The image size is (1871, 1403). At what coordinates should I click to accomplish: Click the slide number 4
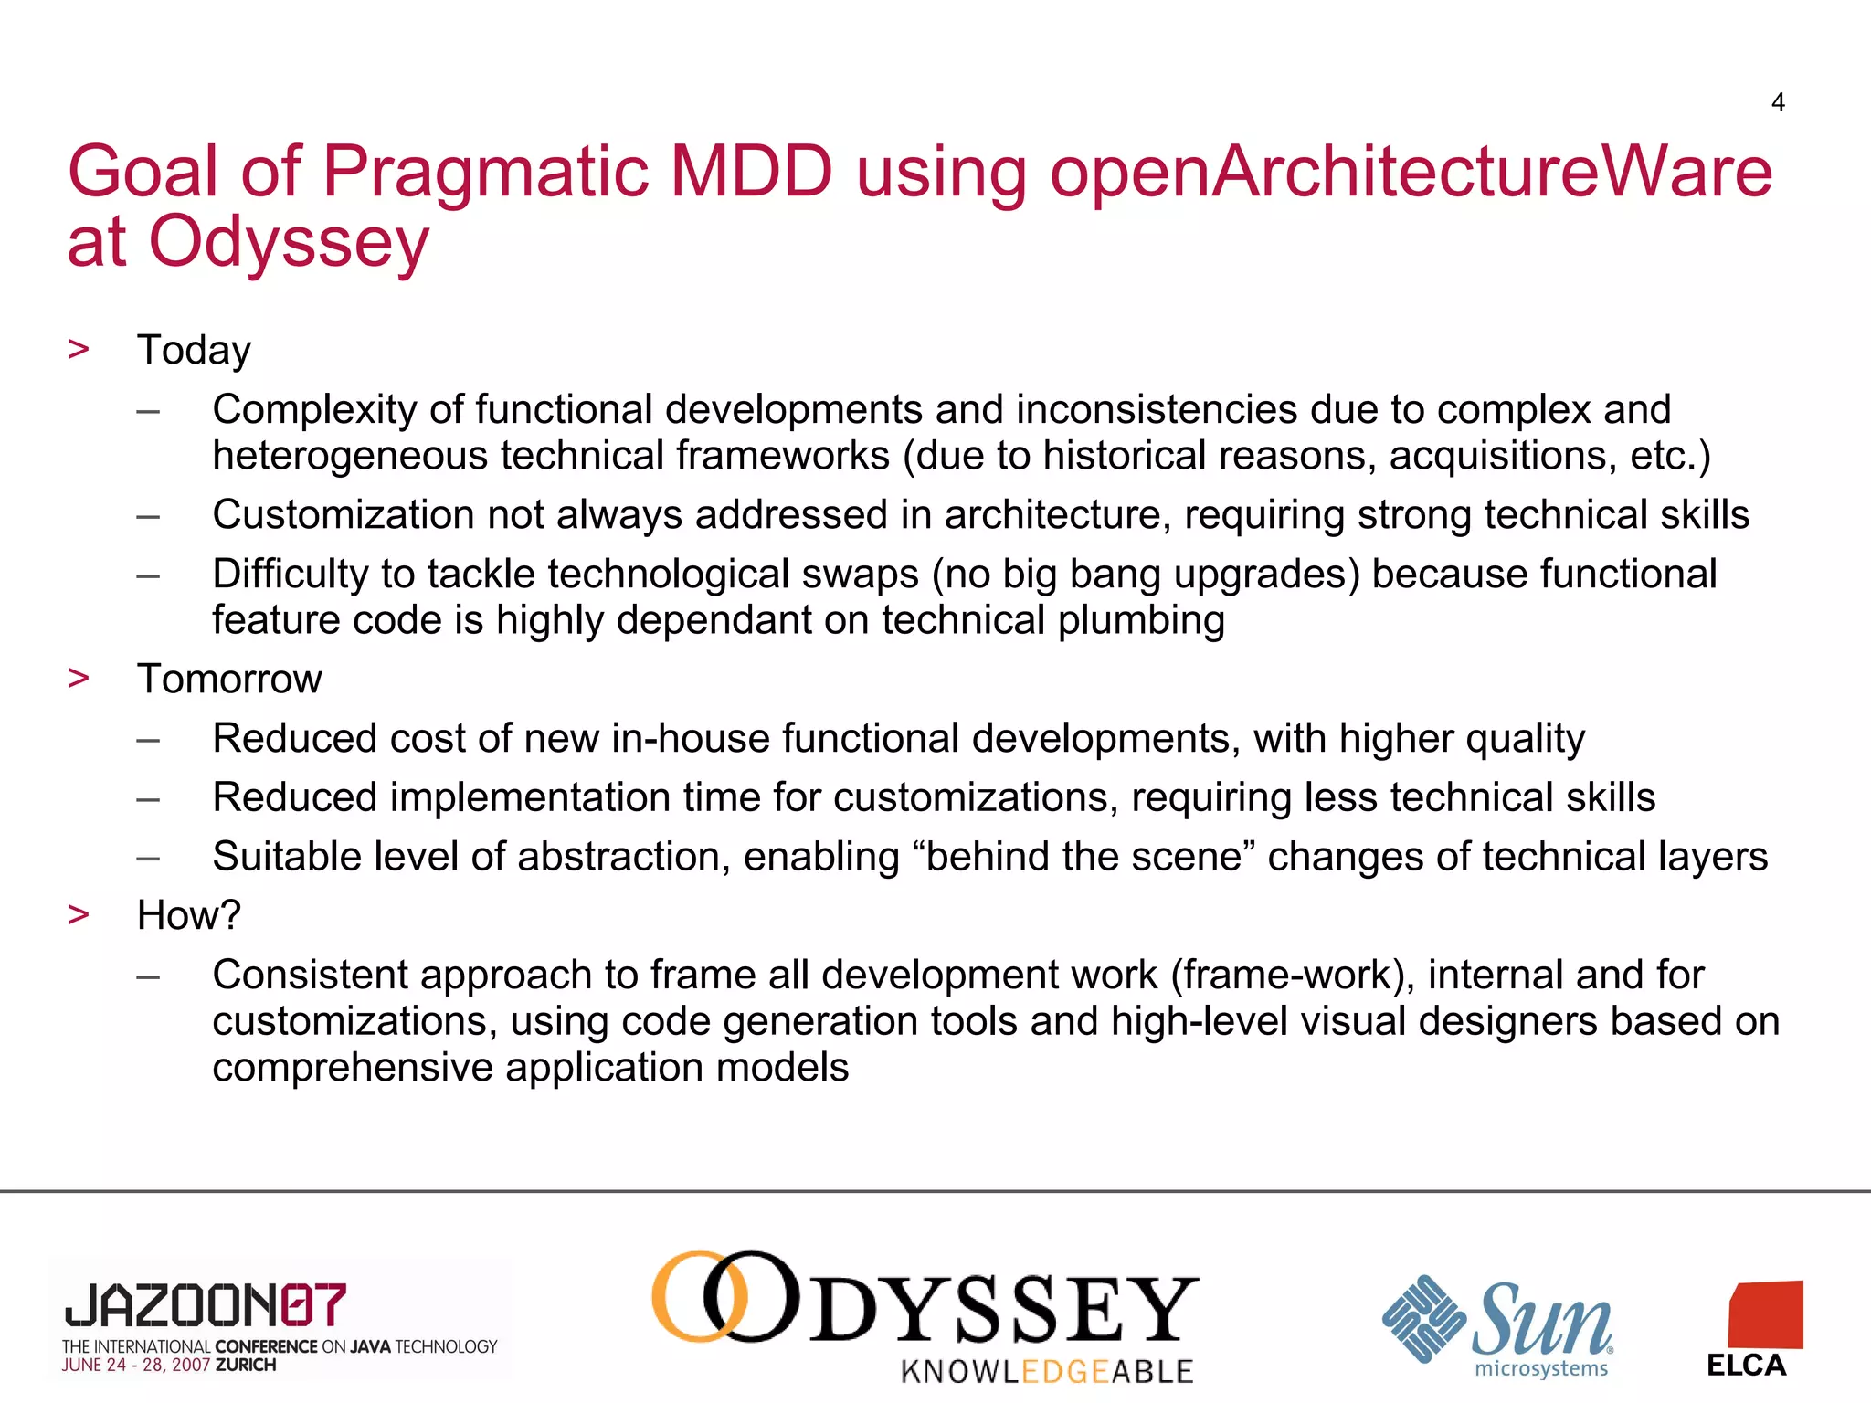tap(1777, 102)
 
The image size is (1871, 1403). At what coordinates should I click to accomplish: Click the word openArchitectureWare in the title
tap(1411, 172)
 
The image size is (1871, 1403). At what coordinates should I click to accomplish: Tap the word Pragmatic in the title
tap(484, 172)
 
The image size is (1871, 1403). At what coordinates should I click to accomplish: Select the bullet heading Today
tap(194, 351)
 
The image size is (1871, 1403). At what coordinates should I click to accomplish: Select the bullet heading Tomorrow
tap(229, 680)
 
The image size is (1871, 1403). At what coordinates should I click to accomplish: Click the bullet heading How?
tap(188, 915)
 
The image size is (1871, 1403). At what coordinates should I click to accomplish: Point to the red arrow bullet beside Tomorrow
tap(79, 678)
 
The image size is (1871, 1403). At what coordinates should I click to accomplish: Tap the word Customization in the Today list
tap(343, 515)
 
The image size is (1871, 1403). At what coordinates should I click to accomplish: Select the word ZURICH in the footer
tap(246, 1366)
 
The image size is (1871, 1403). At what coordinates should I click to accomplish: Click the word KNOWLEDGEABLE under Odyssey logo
tap(1047, 1371)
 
